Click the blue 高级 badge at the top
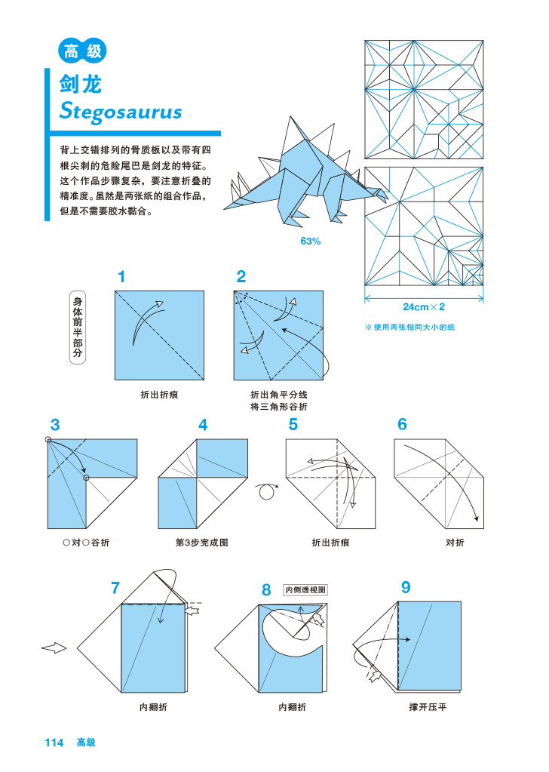tap(81, 51)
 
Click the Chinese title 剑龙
tap(81, 85)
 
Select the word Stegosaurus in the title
tap(121, 112)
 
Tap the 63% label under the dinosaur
tap(311, 241)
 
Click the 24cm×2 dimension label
tap(424, 307)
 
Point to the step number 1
tap(121, 277)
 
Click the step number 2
tap(241, 277)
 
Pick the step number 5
tap(293, 425)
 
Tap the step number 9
tap(406, 587)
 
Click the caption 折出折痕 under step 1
tap(159, 395)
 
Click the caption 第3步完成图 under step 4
tap(202, 543)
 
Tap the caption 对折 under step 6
tap(455, 543)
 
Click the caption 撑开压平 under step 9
tap(428, 707)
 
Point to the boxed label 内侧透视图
tap(305, 590)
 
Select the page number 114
tap(54, 743)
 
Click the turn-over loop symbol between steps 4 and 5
tap(266, 491)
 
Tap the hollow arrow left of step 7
tap(54, 647)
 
